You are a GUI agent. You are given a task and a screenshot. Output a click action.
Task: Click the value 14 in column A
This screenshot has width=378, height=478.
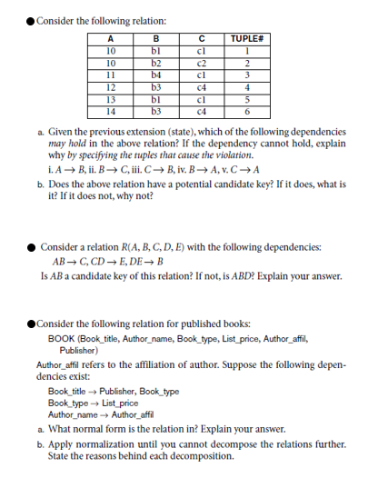pyautogui.click(x=110, y=111)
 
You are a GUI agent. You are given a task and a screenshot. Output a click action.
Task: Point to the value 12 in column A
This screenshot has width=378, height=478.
pyautogui.click(x=110, y=87)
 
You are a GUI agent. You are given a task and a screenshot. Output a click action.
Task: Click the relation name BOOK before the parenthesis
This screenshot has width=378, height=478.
pyautogui.click(x=60, y=339)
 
